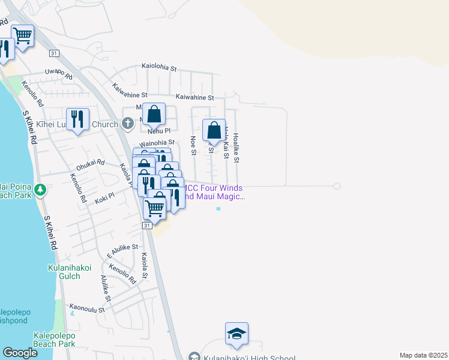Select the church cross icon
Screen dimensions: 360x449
pos(127,124)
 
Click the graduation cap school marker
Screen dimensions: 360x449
pos(237,334)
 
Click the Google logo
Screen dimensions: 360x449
pos(20,353)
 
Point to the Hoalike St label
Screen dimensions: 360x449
pos(236,148)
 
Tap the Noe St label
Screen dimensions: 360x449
pos(193,145)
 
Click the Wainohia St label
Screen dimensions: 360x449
pos(157,143)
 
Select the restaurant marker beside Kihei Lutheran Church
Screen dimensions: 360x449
pos(78,119)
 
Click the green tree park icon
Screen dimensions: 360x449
pos(40,190)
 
